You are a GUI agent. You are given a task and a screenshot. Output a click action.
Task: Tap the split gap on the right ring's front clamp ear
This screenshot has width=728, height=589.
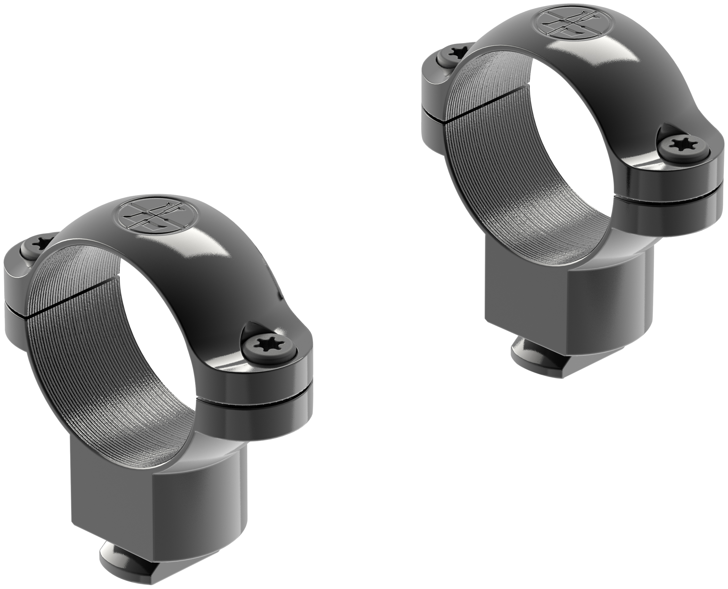point(676,200)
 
